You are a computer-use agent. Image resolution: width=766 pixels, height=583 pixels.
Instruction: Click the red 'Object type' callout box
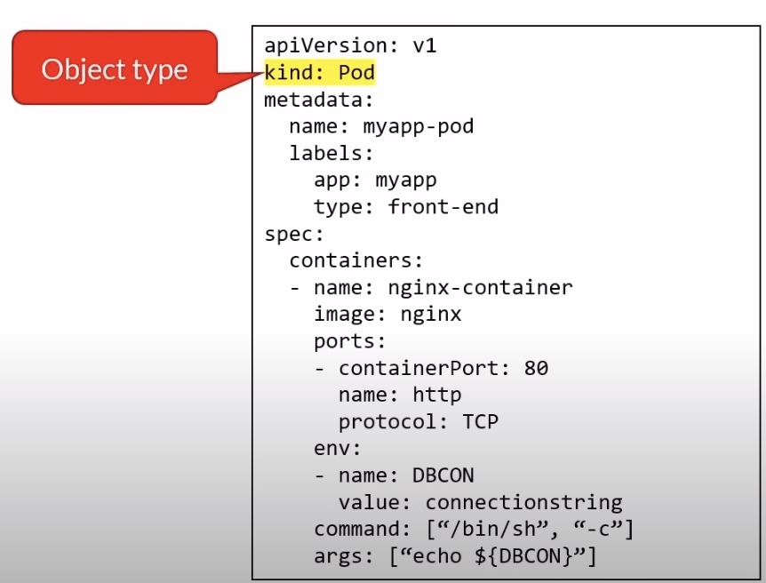pyautogui.click(x=114, y=68)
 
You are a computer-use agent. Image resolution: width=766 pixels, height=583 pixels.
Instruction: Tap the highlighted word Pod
pyautogui.click(x=357, y=72)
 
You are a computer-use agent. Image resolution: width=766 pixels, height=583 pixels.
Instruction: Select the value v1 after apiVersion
pyautogui.click(x=425, y=45)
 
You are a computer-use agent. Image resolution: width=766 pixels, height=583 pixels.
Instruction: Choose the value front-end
pyautogui.click(x=443, y=207)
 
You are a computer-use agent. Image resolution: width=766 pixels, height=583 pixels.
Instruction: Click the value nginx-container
pyautogui.click(x=481, y=287)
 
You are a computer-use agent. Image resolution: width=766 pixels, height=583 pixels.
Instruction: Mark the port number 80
pyautogui.click(x=536, y=368)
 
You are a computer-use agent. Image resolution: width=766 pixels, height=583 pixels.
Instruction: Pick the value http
pyautogui.click(x=437, y=395)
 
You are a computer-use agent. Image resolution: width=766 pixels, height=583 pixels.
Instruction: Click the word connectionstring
pyautogui.click(x=523, y=502)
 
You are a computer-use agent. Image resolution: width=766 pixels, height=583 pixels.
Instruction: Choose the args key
pyautogui.click(x=338, y=556)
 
